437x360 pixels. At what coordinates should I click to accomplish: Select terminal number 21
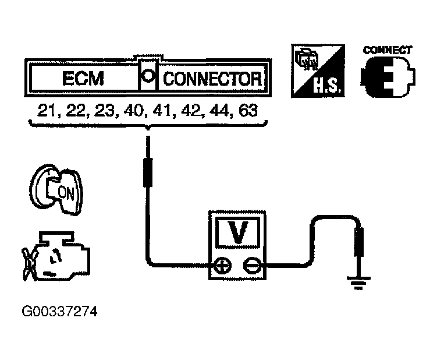click(47, 111)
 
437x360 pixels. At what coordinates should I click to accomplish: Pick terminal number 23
click(102, 111)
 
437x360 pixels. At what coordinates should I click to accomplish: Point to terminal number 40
click(131, 111)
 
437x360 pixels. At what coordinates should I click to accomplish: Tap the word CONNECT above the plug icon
click(388, 50)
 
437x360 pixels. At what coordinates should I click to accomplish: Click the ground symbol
click(359, 282)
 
